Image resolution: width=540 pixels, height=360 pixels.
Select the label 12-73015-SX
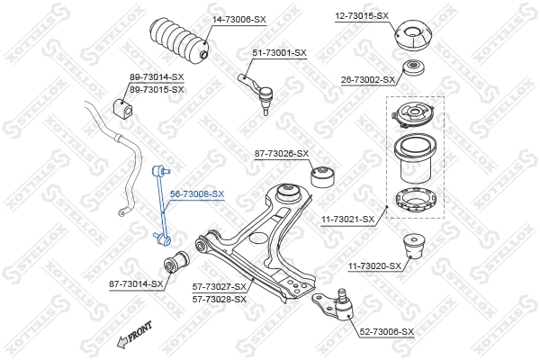click(362, 16)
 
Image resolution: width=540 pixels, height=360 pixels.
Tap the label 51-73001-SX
click(279, 53)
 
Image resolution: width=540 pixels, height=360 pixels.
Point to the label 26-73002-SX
click(366, 80)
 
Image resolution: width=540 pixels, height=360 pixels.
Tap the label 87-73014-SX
click(136, 283)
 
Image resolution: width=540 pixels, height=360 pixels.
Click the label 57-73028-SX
click(219, 298)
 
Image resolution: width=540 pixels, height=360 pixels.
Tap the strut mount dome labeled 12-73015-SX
click(414, 37)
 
